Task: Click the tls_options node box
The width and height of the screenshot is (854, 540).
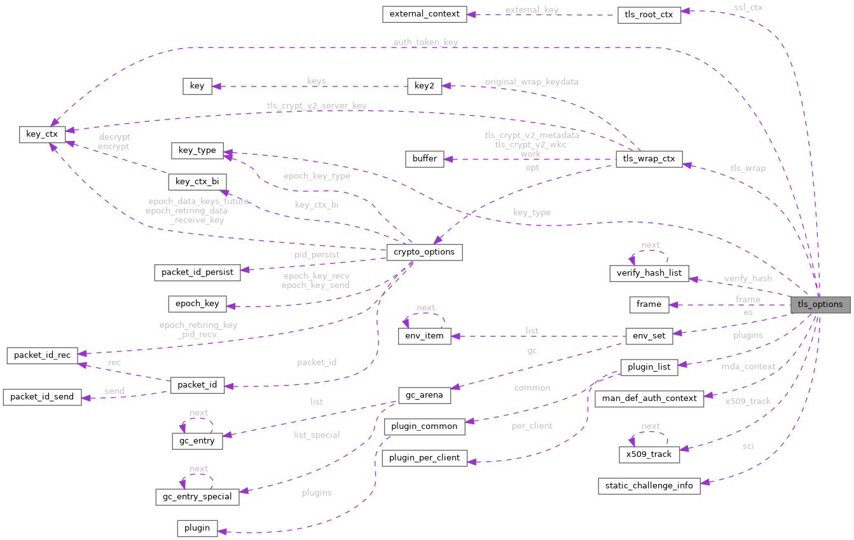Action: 820,304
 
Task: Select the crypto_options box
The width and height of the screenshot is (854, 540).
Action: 424,252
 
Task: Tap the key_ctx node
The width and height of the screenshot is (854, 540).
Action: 42,134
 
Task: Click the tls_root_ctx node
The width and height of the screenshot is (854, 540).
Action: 649,15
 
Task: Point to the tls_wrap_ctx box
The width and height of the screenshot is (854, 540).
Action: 649,159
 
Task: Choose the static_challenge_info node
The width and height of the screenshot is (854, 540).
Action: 649,486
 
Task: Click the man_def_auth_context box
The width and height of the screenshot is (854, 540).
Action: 649,399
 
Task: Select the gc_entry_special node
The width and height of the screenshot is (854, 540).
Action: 197,496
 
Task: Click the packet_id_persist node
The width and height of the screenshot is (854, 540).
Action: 197,273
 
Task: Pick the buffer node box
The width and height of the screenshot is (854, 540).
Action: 424,158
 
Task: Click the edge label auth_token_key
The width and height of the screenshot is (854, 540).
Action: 425,42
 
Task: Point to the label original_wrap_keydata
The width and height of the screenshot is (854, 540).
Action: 532,82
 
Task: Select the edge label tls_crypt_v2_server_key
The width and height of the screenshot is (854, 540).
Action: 317,105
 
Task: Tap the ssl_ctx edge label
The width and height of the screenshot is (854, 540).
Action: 748,7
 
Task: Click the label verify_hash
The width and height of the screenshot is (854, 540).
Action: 748,278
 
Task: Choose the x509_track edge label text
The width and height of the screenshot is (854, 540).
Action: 748,401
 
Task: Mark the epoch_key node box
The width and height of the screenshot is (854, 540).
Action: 197,304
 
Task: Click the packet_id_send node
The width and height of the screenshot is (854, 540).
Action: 42,397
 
